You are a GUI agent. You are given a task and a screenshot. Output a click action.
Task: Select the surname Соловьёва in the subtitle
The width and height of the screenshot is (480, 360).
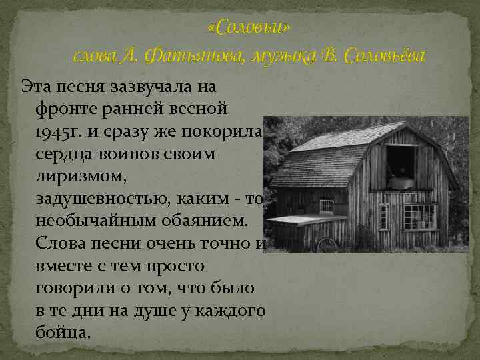pyautogui.click(x=382, y=57)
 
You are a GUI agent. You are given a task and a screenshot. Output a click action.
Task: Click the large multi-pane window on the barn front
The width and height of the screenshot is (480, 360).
pyautogui.click(x=419, y=217)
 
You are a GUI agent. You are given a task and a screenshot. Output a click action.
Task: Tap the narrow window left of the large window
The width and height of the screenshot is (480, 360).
pyautogui.click(x=383, y=216)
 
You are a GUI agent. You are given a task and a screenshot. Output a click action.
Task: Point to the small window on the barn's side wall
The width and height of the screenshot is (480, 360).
pyautogui.click(x=326, y=205)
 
